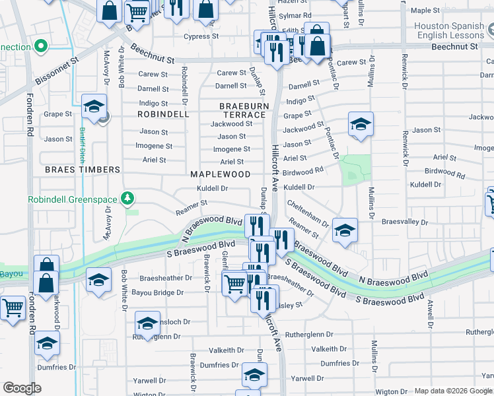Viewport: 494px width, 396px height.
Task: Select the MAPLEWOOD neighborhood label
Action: pyautogui.click(x=220, y=174)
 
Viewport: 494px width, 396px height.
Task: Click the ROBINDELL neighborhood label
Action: pyautogui.click(x=163, y=114)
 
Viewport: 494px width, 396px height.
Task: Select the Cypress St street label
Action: pyautogui.click(x=200, y=37)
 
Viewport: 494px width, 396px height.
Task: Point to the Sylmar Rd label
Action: pyautogui.click(x=297, y=15)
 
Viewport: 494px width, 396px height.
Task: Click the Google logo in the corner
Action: pyautogui.click(x=22, y=388)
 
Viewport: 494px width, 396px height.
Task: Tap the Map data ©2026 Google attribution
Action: pyautogui.click(x=453, y=391)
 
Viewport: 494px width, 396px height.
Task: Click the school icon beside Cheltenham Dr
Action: pyautogui.click(x=345, y=231)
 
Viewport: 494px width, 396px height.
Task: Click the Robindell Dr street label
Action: pyautogui.click(x=184, y=82)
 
